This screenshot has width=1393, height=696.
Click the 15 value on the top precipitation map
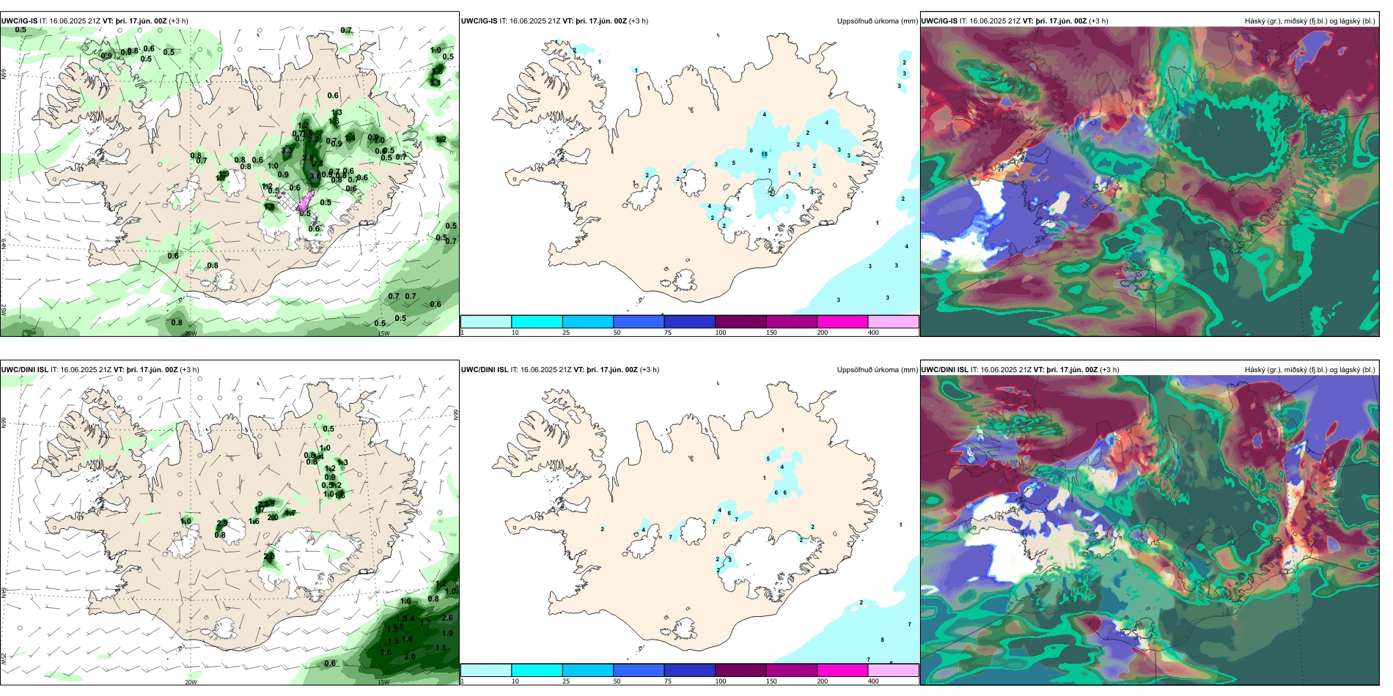765,154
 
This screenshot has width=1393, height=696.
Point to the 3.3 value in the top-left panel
287,150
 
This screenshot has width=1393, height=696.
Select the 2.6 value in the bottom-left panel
447,618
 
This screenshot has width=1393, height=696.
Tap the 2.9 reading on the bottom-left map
269,503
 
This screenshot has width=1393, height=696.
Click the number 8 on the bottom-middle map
882,640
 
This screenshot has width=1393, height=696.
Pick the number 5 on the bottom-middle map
768,459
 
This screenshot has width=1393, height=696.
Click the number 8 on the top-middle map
751,150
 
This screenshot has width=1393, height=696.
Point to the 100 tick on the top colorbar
721,333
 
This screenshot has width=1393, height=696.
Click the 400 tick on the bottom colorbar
873,681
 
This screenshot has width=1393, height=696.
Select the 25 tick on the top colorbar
566,333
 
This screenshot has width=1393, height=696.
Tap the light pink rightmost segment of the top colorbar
893,322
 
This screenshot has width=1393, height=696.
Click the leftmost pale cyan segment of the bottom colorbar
486,670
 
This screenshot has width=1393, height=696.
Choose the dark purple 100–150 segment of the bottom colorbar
740,670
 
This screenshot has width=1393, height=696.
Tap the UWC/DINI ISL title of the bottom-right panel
945,370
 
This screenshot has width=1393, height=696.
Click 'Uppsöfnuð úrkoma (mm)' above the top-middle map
877,21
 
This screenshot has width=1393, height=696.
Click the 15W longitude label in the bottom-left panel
383,682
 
